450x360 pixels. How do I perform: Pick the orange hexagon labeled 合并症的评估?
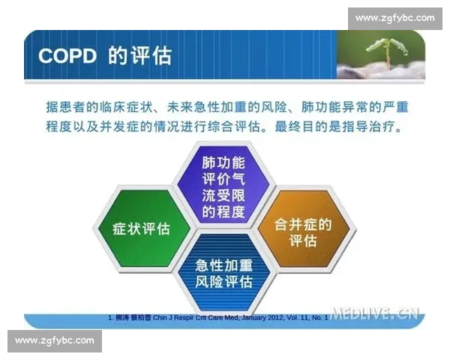pos(301,231)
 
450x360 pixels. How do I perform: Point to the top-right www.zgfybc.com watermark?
pos(394,17)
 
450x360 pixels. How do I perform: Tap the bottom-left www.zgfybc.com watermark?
pos(54,340)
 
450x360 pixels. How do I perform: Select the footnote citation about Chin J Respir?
pos(217,318)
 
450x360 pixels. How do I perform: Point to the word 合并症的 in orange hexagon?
pos(301,223)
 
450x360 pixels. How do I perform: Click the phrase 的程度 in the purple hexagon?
pos(223,211)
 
